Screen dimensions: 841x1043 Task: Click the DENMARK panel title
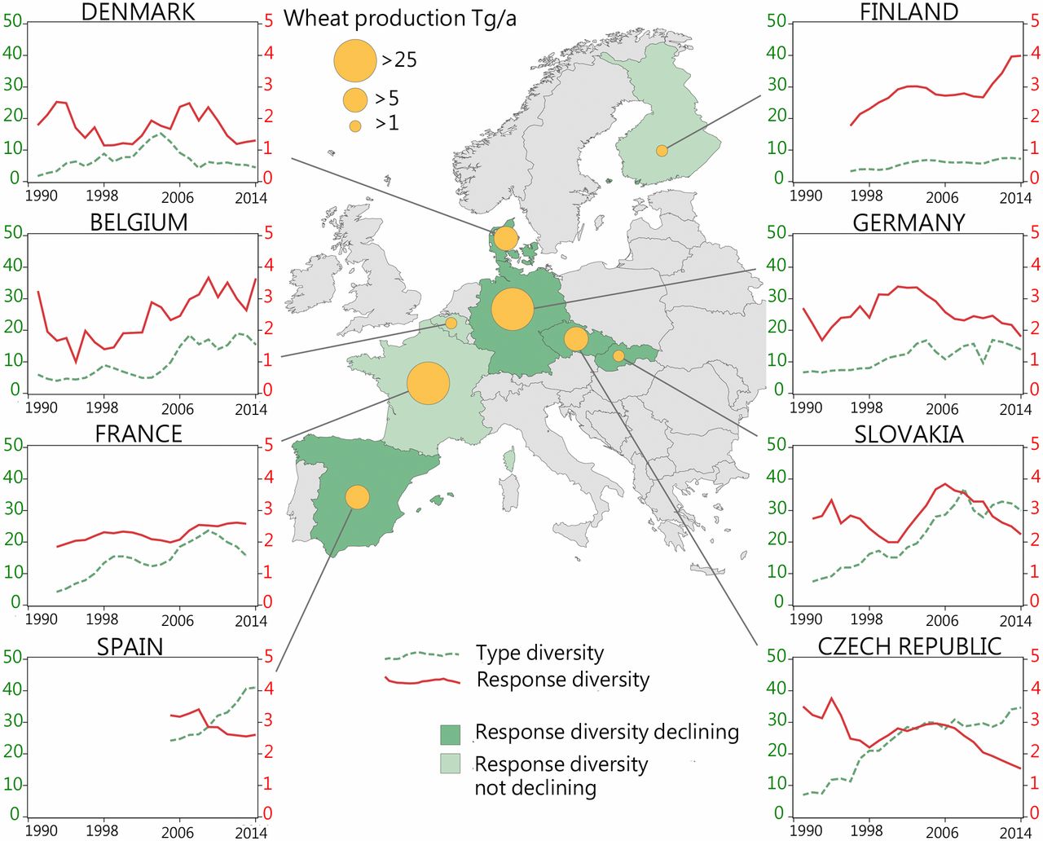[139, 12]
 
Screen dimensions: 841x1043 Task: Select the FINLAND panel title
[909, 12]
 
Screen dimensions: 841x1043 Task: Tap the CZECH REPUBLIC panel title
[909, 646]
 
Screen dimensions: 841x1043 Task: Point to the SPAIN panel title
[130, 646]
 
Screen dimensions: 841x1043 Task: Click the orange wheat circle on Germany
[513, 309]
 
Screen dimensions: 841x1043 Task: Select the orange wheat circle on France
[428, 384]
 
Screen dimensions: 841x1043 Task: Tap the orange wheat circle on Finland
[662, 151]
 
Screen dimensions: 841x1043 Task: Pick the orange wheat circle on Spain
[357, 496]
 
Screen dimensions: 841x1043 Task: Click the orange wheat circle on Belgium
[451, 324]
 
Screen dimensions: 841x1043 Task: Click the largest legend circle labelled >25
[355, 59]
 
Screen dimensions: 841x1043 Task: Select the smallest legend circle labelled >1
[355, 126]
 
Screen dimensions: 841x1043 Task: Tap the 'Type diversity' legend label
[539, 653]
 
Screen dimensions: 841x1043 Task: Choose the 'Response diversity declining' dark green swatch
[450, 734]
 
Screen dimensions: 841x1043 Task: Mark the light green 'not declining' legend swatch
[450, 764]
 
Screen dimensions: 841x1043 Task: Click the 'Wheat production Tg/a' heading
[399, 18]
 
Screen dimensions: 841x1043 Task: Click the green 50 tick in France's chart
[13, 445]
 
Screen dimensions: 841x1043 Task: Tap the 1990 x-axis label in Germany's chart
[806, 408]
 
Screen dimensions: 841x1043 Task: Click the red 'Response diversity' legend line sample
[423, 680]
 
